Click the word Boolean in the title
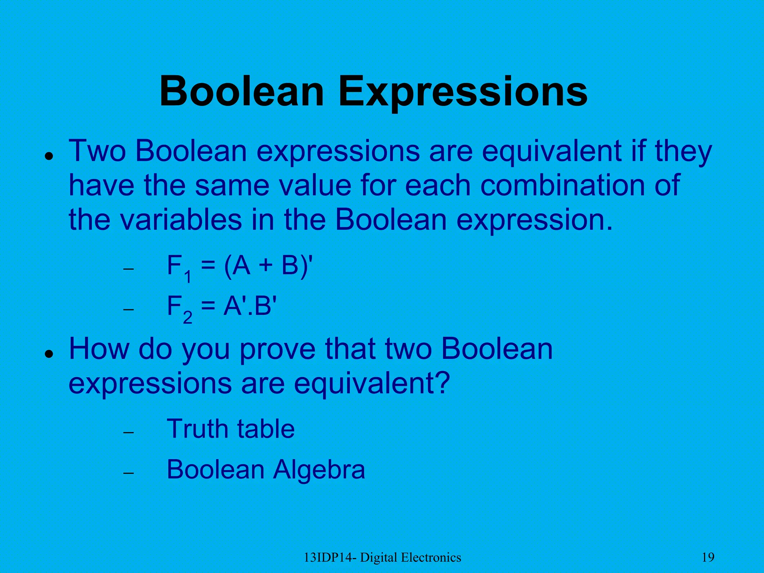(242, 92)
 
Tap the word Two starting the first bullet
(97, 151)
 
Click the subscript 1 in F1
(188, 277)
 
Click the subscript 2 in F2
(188, 317)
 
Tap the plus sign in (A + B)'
(266, 266)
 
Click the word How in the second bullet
(99, 348)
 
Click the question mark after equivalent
(442, 383)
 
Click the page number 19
(708, 557)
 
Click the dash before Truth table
(128, 433)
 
